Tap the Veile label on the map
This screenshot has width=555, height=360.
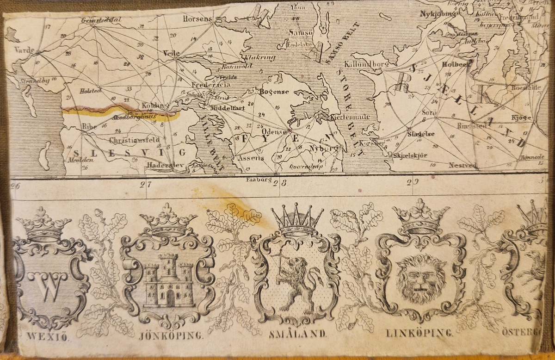tap(171, 54)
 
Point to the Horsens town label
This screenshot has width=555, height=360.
tap(197, 19)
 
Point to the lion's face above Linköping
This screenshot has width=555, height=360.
tap(421, 278)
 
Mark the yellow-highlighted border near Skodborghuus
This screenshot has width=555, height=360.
tap(120, 112)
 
